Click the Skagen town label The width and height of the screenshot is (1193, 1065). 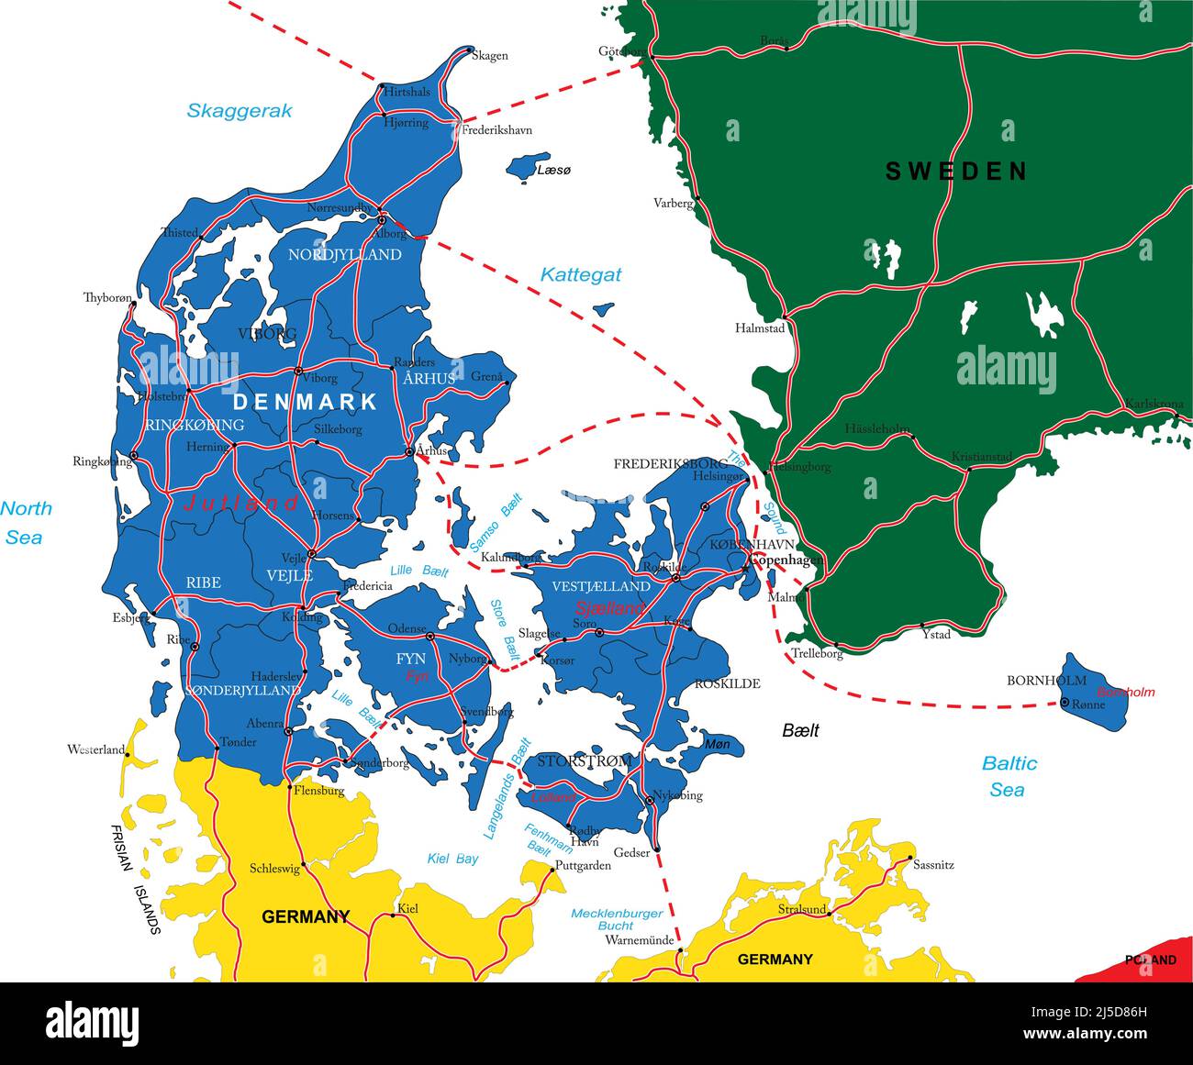click(489, 56)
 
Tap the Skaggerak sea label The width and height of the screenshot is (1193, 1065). click(240, 111)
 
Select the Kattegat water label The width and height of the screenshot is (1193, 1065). click(580, 274)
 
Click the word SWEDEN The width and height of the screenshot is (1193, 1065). click(956, 171)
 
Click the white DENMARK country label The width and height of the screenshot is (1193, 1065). click(305, 402)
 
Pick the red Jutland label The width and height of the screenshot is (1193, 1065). click(241, 503)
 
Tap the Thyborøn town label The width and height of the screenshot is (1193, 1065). click(107, 297)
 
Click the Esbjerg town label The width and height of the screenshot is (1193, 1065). click(131, 617)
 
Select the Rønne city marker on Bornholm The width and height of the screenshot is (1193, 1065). click(1064, 703)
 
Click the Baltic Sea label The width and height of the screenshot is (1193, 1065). click(1009, 776)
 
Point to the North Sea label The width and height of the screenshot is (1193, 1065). click(26, 522)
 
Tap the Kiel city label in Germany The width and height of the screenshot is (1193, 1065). click(407, 909)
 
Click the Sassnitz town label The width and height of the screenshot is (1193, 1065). click(934, 864)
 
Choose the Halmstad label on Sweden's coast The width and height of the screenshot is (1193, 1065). click(760, 327)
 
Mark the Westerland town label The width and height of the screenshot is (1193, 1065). click(95, 749)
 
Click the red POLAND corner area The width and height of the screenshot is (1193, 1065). click(1147, 960)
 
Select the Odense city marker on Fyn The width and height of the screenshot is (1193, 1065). click(429, 635)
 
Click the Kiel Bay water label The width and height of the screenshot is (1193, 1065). click(453, 860)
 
